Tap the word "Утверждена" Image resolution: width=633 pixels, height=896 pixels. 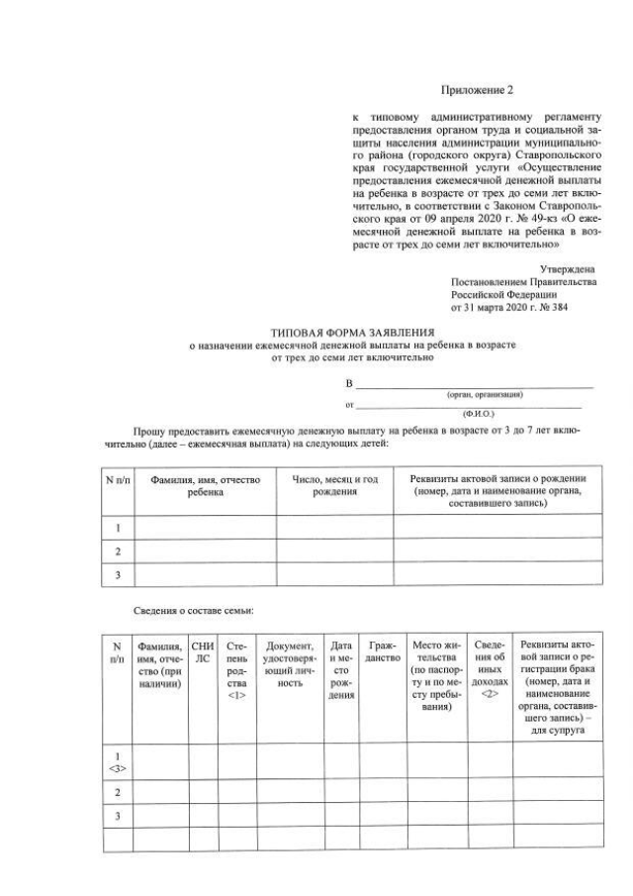567,269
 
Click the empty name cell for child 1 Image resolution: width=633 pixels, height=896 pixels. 205,528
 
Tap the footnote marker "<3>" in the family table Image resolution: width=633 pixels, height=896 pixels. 118,767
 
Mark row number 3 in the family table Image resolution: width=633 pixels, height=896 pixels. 118,816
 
